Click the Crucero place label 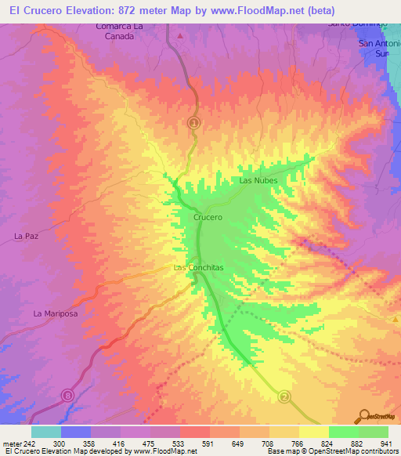click(x=208, y=217)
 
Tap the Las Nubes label click(x=258, y=180)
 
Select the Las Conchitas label click(x=198, y=267)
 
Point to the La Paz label click(x=27, y=235)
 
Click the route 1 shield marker click(x=194, y=122)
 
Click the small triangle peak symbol click(x=181, y=36)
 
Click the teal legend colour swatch click(x=46, y=432)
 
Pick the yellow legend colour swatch click(x=314, y=432)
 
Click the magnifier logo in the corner click(x=364, y=415)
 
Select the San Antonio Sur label click(x=378, y=49)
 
